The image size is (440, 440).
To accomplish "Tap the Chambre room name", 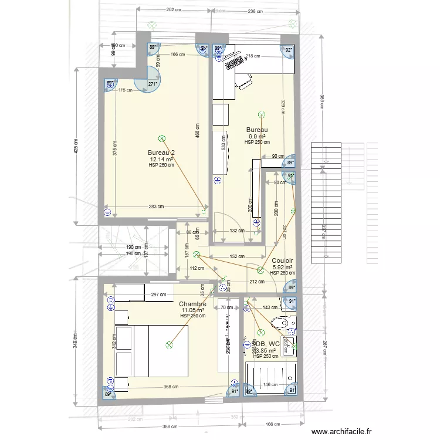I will click(x=192, y=304).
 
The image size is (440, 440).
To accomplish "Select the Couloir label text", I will click(x=283, y=260).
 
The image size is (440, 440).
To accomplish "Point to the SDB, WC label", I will click(x=265, y=344).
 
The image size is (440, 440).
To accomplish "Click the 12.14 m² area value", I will click(x=161, y=159).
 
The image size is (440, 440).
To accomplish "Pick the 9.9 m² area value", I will click(x=257, y=136).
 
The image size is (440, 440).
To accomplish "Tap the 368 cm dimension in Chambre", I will click(x=171, y=387).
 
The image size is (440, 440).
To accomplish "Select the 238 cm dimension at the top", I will click(x=255, y=11).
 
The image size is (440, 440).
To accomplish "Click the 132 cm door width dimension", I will click(x=236, y=231).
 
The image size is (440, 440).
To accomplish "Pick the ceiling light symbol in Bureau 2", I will click(x=161, y=138).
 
